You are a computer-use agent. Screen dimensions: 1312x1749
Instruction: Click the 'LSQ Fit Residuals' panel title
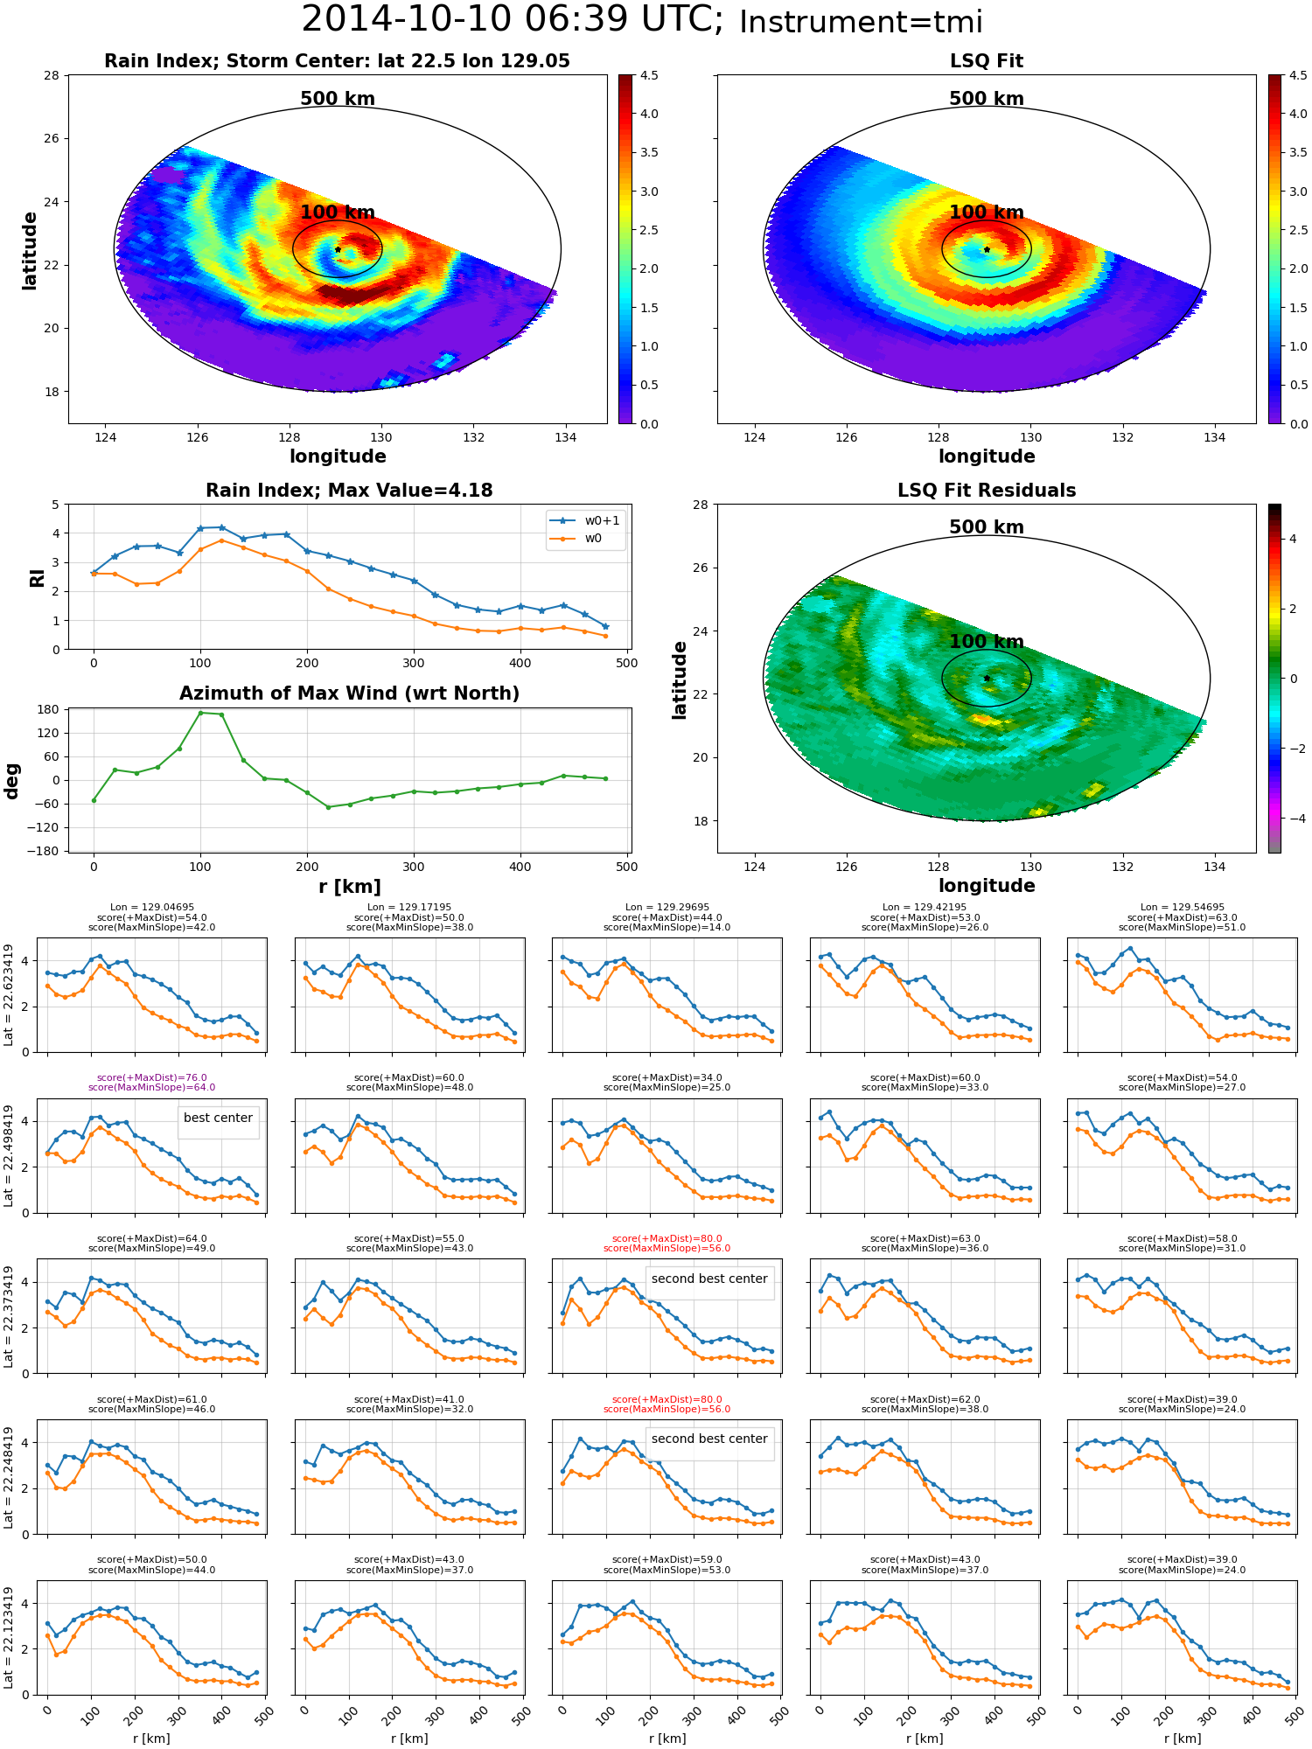[987, 491]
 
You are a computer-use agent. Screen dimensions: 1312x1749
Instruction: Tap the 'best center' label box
[218, 1118]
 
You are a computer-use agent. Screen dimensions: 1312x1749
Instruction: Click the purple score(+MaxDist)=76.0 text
[152, 1077]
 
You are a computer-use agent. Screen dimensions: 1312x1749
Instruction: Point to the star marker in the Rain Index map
[338, 249]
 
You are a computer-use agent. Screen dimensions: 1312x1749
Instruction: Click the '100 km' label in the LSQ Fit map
[987, 213]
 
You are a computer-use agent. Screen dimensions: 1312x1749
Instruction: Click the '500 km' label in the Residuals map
[987, 527]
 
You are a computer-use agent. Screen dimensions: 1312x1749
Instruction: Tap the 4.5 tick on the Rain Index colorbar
[650, 75]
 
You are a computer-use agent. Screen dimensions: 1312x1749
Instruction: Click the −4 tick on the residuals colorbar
[1293, 819]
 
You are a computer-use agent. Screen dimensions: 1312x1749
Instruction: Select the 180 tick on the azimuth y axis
[51, 709]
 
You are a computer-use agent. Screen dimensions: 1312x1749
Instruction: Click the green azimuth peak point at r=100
[200, 713]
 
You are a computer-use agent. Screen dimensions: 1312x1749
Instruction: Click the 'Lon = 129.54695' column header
[1182, 907]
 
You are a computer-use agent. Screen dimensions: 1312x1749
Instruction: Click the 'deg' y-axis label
[12, 781]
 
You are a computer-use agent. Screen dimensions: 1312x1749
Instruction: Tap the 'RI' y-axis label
[37, 578]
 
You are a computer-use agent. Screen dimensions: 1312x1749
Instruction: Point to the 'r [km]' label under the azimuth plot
[350, 887]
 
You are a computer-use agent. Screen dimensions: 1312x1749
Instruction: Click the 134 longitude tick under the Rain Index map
[565, 438]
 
